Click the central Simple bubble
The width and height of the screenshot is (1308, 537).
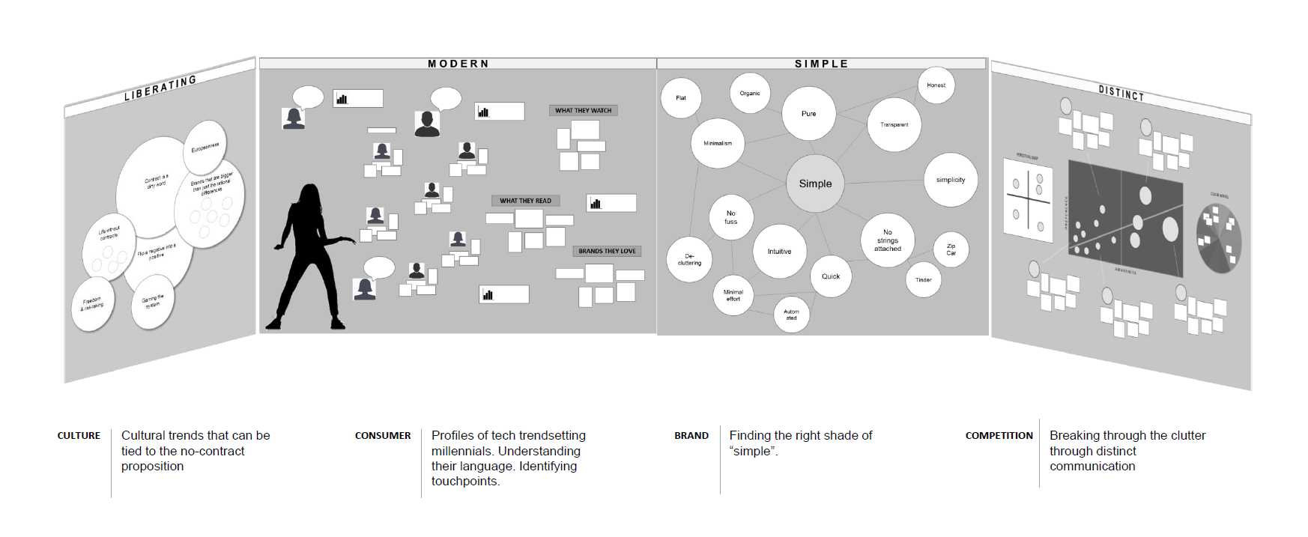point(815,183)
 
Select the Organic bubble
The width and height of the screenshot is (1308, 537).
point(750,94)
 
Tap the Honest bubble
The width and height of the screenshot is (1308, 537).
point(936,85)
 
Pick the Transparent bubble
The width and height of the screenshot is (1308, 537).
point(894,125)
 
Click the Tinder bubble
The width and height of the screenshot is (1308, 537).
point(923,280)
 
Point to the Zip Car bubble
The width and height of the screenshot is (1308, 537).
point(951,249)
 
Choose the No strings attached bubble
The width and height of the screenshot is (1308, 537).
point(888,240)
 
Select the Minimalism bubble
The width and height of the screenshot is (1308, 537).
point(718,143)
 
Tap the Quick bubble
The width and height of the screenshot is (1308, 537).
point(831,276)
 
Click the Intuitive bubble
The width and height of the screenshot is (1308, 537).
point(779,252)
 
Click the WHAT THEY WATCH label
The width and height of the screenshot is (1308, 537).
point(583,111)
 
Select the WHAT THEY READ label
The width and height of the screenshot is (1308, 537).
point(525,201)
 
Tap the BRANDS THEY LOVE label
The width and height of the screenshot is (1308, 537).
point(607,252)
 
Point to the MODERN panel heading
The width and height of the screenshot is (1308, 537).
point(458,64)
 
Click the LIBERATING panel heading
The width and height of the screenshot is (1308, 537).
point(160,88)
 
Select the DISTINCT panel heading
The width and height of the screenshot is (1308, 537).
point(1121,93)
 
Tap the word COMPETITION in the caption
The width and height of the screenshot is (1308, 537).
point(999,436)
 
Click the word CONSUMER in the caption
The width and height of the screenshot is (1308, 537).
point(383,436)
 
